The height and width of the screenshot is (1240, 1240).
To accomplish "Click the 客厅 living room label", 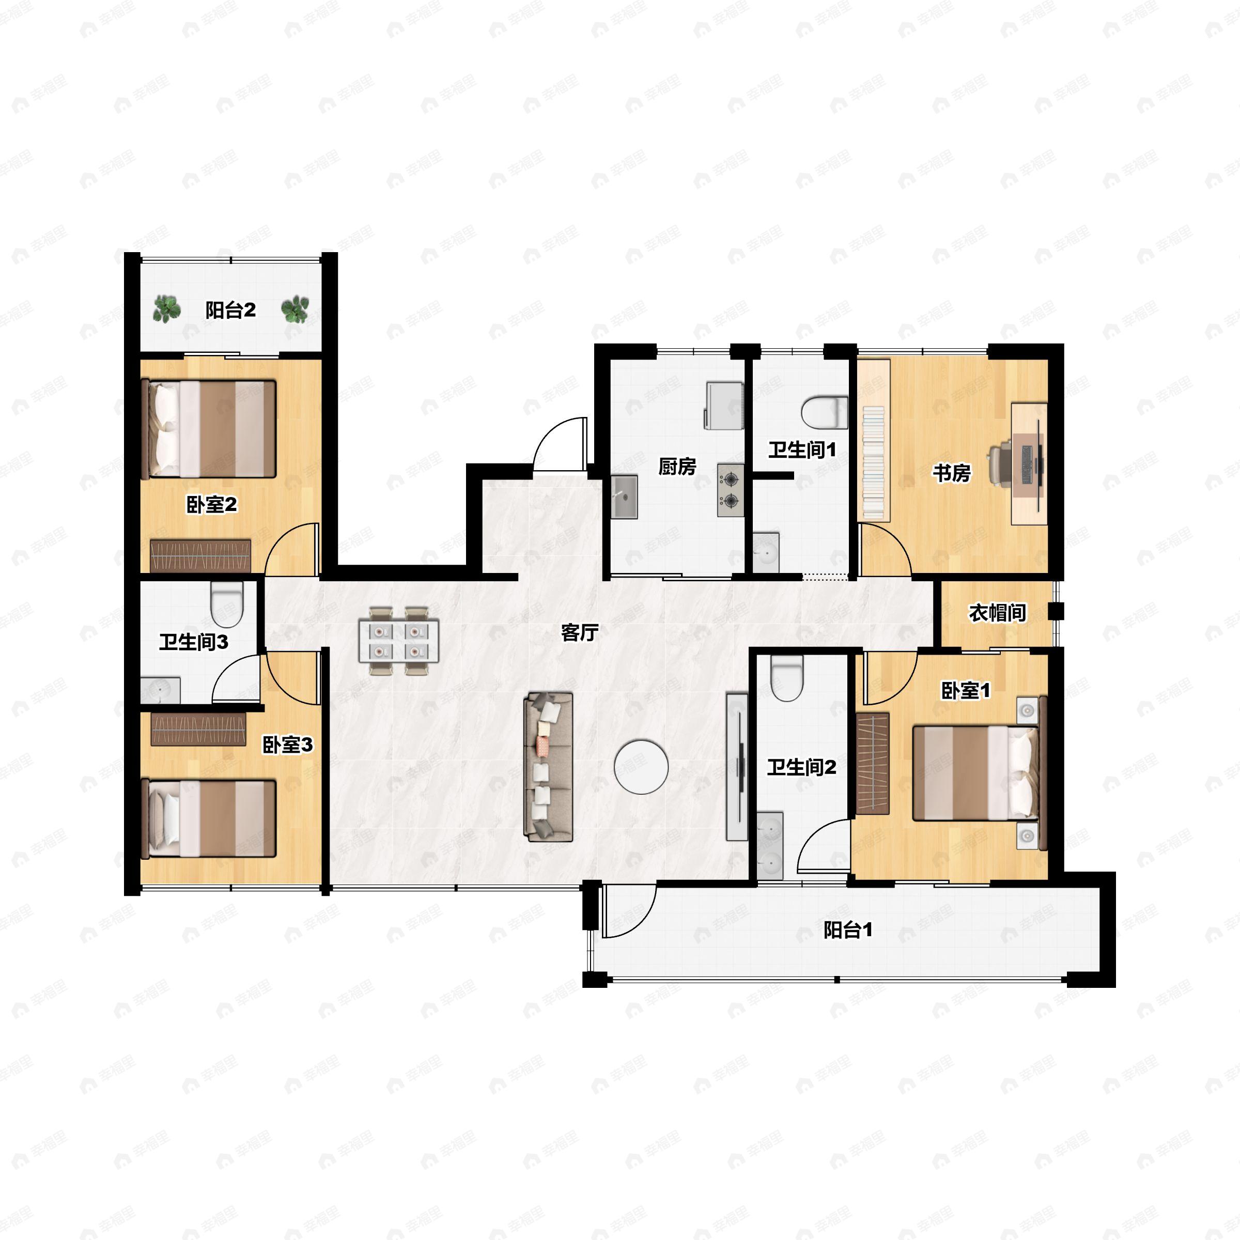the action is (580, 633).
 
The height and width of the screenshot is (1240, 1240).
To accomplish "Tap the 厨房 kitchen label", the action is (677, 467).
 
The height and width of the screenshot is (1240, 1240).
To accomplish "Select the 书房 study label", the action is (952, 473).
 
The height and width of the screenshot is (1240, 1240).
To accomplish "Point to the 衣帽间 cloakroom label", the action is (997, 613).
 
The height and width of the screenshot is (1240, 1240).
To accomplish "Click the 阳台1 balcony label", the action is (848, 930).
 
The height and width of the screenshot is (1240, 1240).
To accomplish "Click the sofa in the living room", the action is (549, 766).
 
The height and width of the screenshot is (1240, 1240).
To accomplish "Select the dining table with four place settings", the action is (398, 640).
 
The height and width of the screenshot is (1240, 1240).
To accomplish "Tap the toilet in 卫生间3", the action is (227, 604).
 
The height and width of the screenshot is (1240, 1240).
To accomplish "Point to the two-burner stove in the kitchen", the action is (731, 490).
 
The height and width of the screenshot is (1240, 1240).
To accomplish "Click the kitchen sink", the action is (624, 496).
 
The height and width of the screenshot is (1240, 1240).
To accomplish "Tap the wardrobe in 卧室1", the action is (872, 764).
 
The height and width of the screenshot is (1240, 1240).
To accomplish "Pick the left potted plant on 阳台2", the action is (167, 309).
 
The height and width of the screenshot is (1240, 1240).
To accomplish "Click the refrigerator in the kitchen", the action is (724, 406).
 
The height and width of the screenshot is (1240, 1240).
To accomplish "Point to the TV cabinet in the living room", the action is (737, 766).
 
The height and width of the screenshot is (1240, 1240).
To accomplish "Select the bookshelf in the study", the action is (874, 440).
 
